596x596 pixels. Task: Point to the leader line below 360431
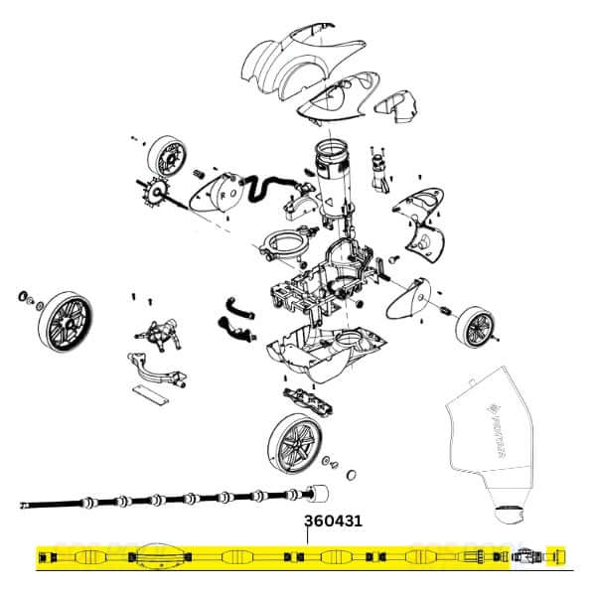(307, 536)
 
